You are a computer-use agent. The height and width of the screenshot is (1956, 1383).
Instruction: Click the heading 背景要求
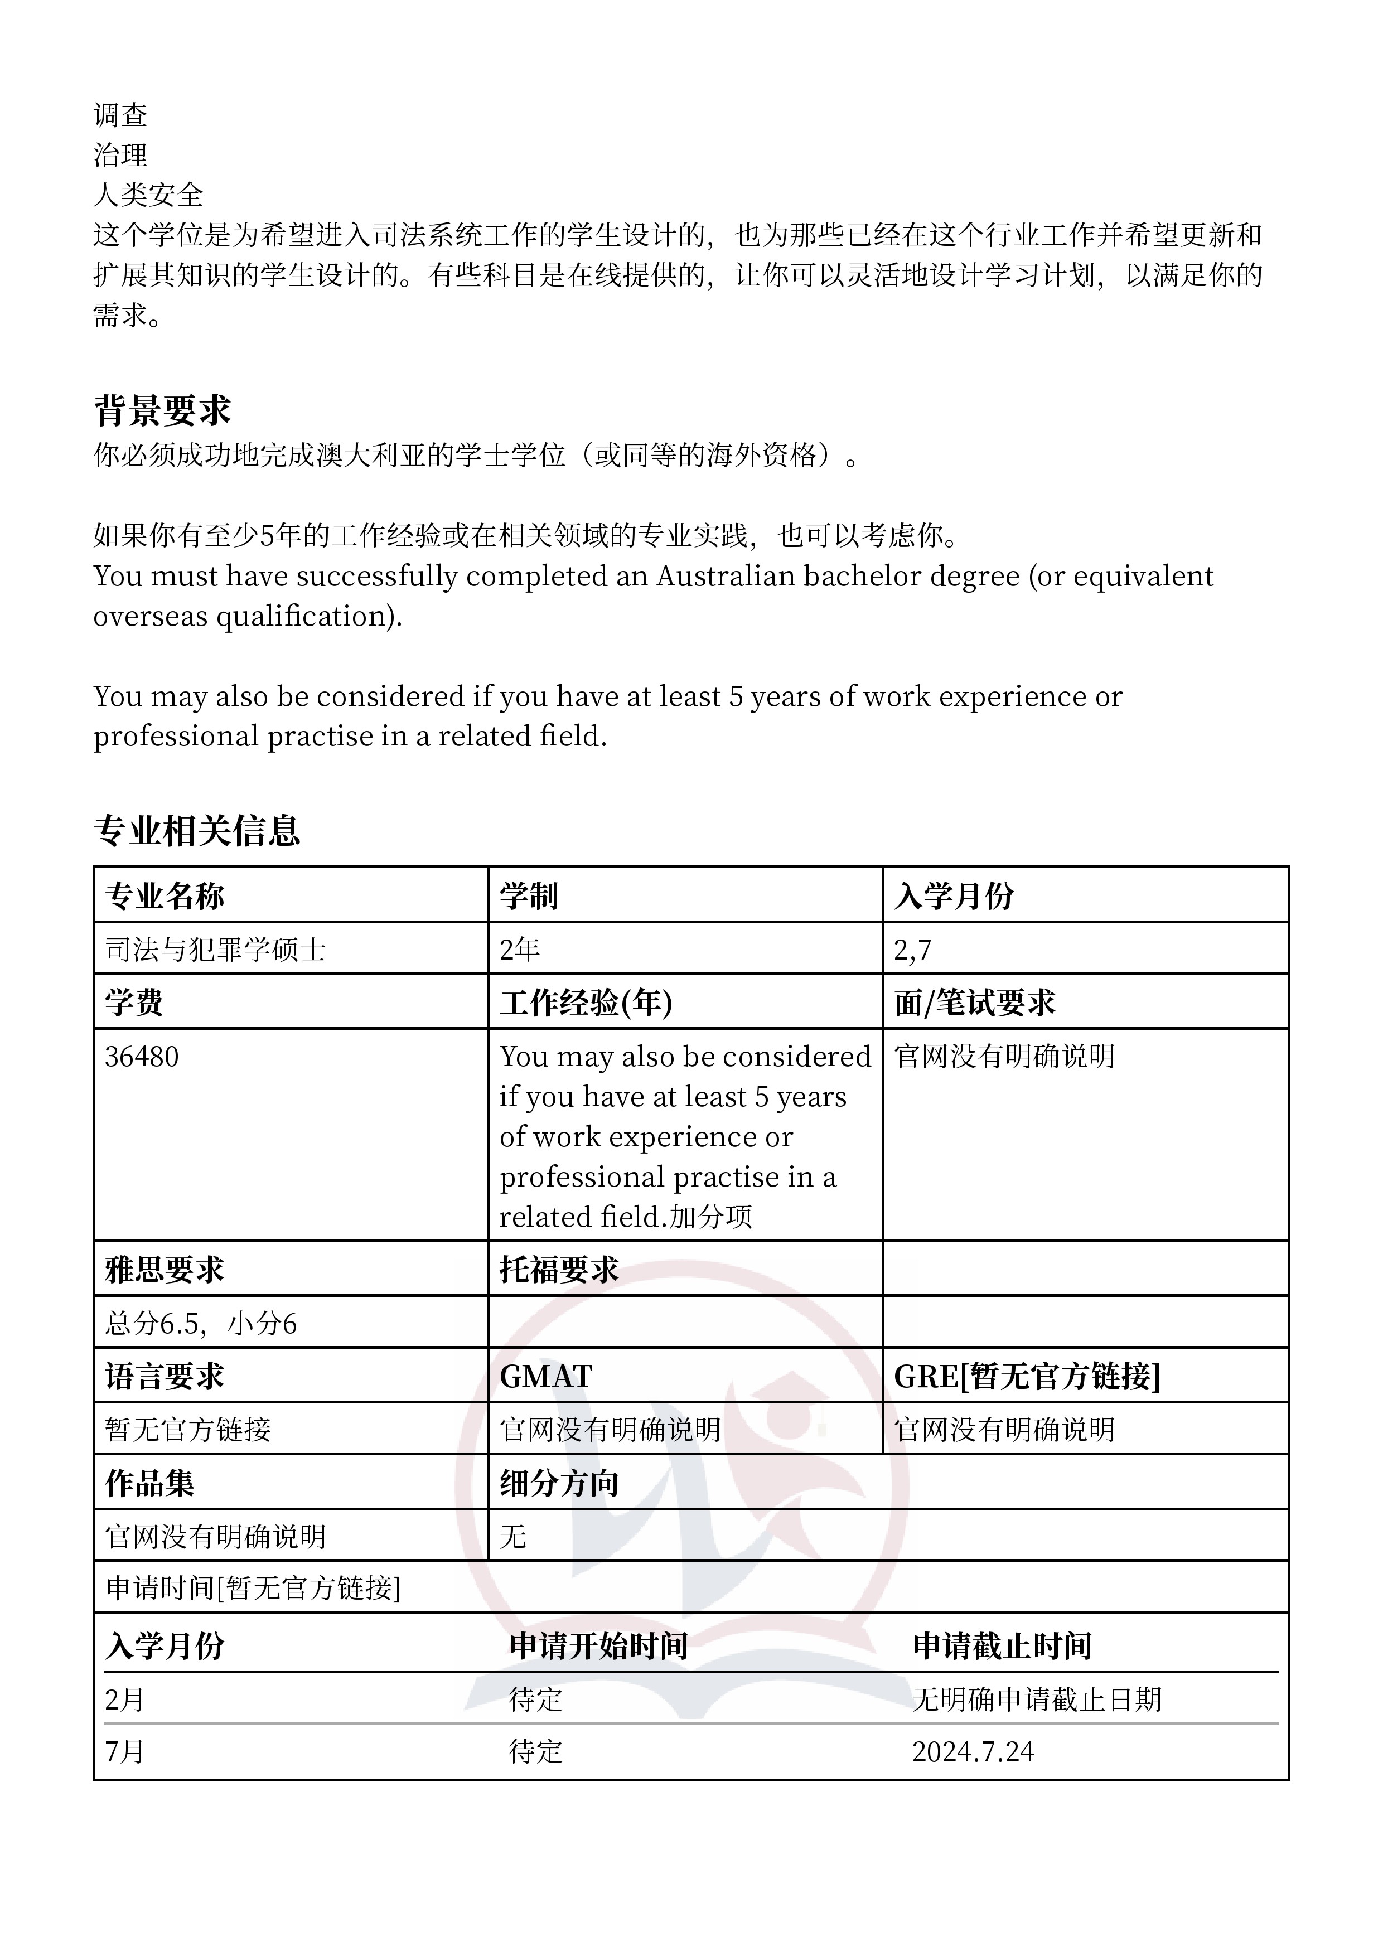click(x=162, y=410)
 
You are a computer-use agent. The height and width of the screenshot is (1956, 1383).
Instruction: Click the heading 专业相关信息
click(x=197, y=831)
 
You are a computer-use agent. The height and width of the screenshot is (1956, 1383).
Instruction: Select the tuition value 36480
click(x=142, y=1057)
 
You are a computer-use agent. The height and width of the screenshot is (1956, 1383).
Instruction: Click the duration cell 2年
click(x=519, y=949)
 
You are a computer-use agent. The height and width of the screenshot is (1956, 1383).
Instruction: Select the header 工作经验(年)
click(x=586, y=1002)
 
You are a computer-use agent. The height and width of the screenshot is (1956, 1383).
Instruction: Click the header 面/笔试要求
click(x=974, y=1002)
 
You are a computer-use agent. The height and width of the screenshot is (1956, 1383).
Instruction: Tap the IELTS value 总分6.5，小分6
click(x=200, y=1323)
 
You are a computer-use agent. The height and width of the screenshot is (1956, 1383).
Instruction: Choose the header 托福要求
click(x=558, y=1270)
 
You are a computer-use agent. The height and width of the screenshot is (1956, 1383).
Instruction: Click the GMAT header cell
click(x=545, y=1377)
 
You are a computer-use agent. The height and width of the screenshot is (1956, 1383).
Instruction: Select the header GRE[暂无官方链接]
click(x=1027, y=1377)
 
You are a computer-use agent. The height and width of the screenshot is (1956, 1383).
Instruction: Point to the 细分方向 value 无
click(x=513, y=1536)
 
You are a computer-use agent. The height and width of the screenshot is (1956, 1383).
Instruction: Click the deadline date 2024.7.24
click(x=973, y=1751)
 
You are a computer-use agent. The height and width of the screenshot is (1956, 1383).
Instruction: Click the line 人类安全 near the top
click(x=148, y=195)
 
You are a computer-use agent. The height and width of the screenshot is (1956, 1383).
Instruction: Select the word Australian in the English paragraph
click(x=725, y=576)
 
